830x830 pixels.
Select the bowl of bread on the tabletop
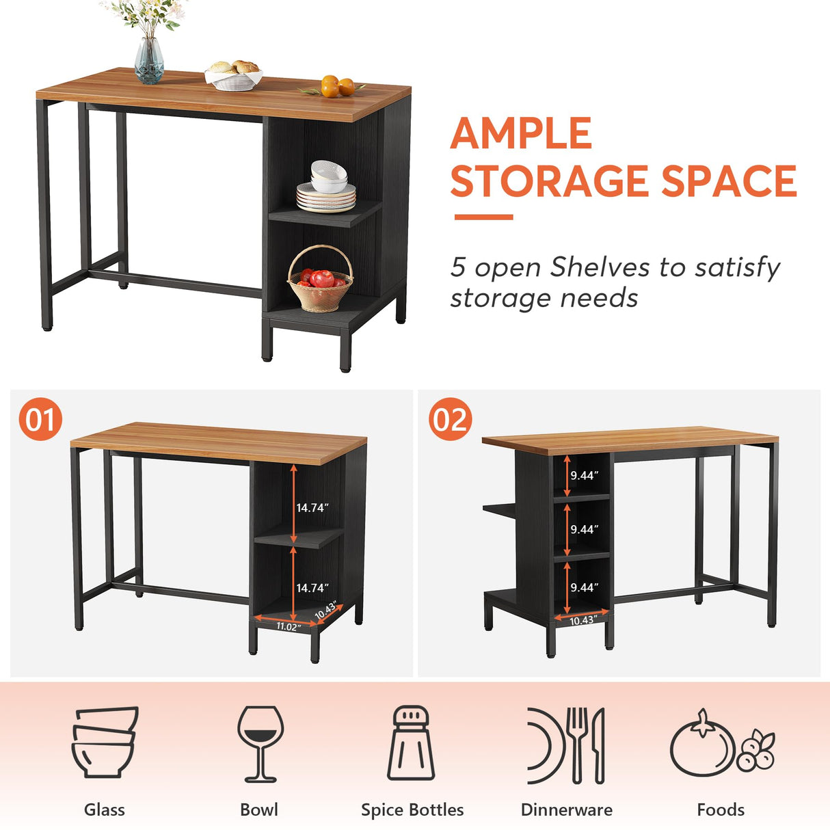234,75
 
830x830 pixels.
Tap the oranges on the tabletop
337,87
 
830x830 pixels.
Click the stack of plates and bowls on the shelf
327,188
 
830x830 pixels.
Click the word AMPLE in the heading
521,133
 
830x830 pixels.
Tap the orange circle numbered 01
40,419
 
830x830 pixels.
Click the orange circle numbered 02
450,419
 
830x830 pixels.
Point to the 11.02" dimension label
288,626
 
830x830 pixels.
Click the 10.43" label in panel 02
583,620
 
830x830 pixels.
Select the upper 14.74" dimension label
312,507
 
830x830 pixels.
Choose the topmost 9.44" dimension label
585,475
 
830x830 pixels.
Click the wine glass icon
260,743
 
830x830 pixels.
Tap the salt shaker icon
411,743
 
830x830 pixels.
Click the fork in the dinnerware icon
578,744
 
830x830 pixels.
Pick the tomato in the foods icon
701,746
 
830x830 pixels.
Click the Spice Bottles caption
412,809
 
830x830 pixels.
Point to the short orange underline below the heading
483,217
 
